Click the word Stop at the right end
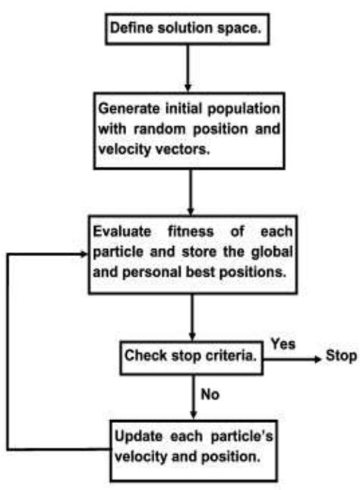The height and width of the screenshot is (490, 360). [x=341, y=355]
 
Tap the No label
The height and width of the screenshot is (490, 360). [x=211, y=394]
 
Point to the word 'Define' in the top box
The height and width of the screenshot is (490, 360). [x=131, y=28]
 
